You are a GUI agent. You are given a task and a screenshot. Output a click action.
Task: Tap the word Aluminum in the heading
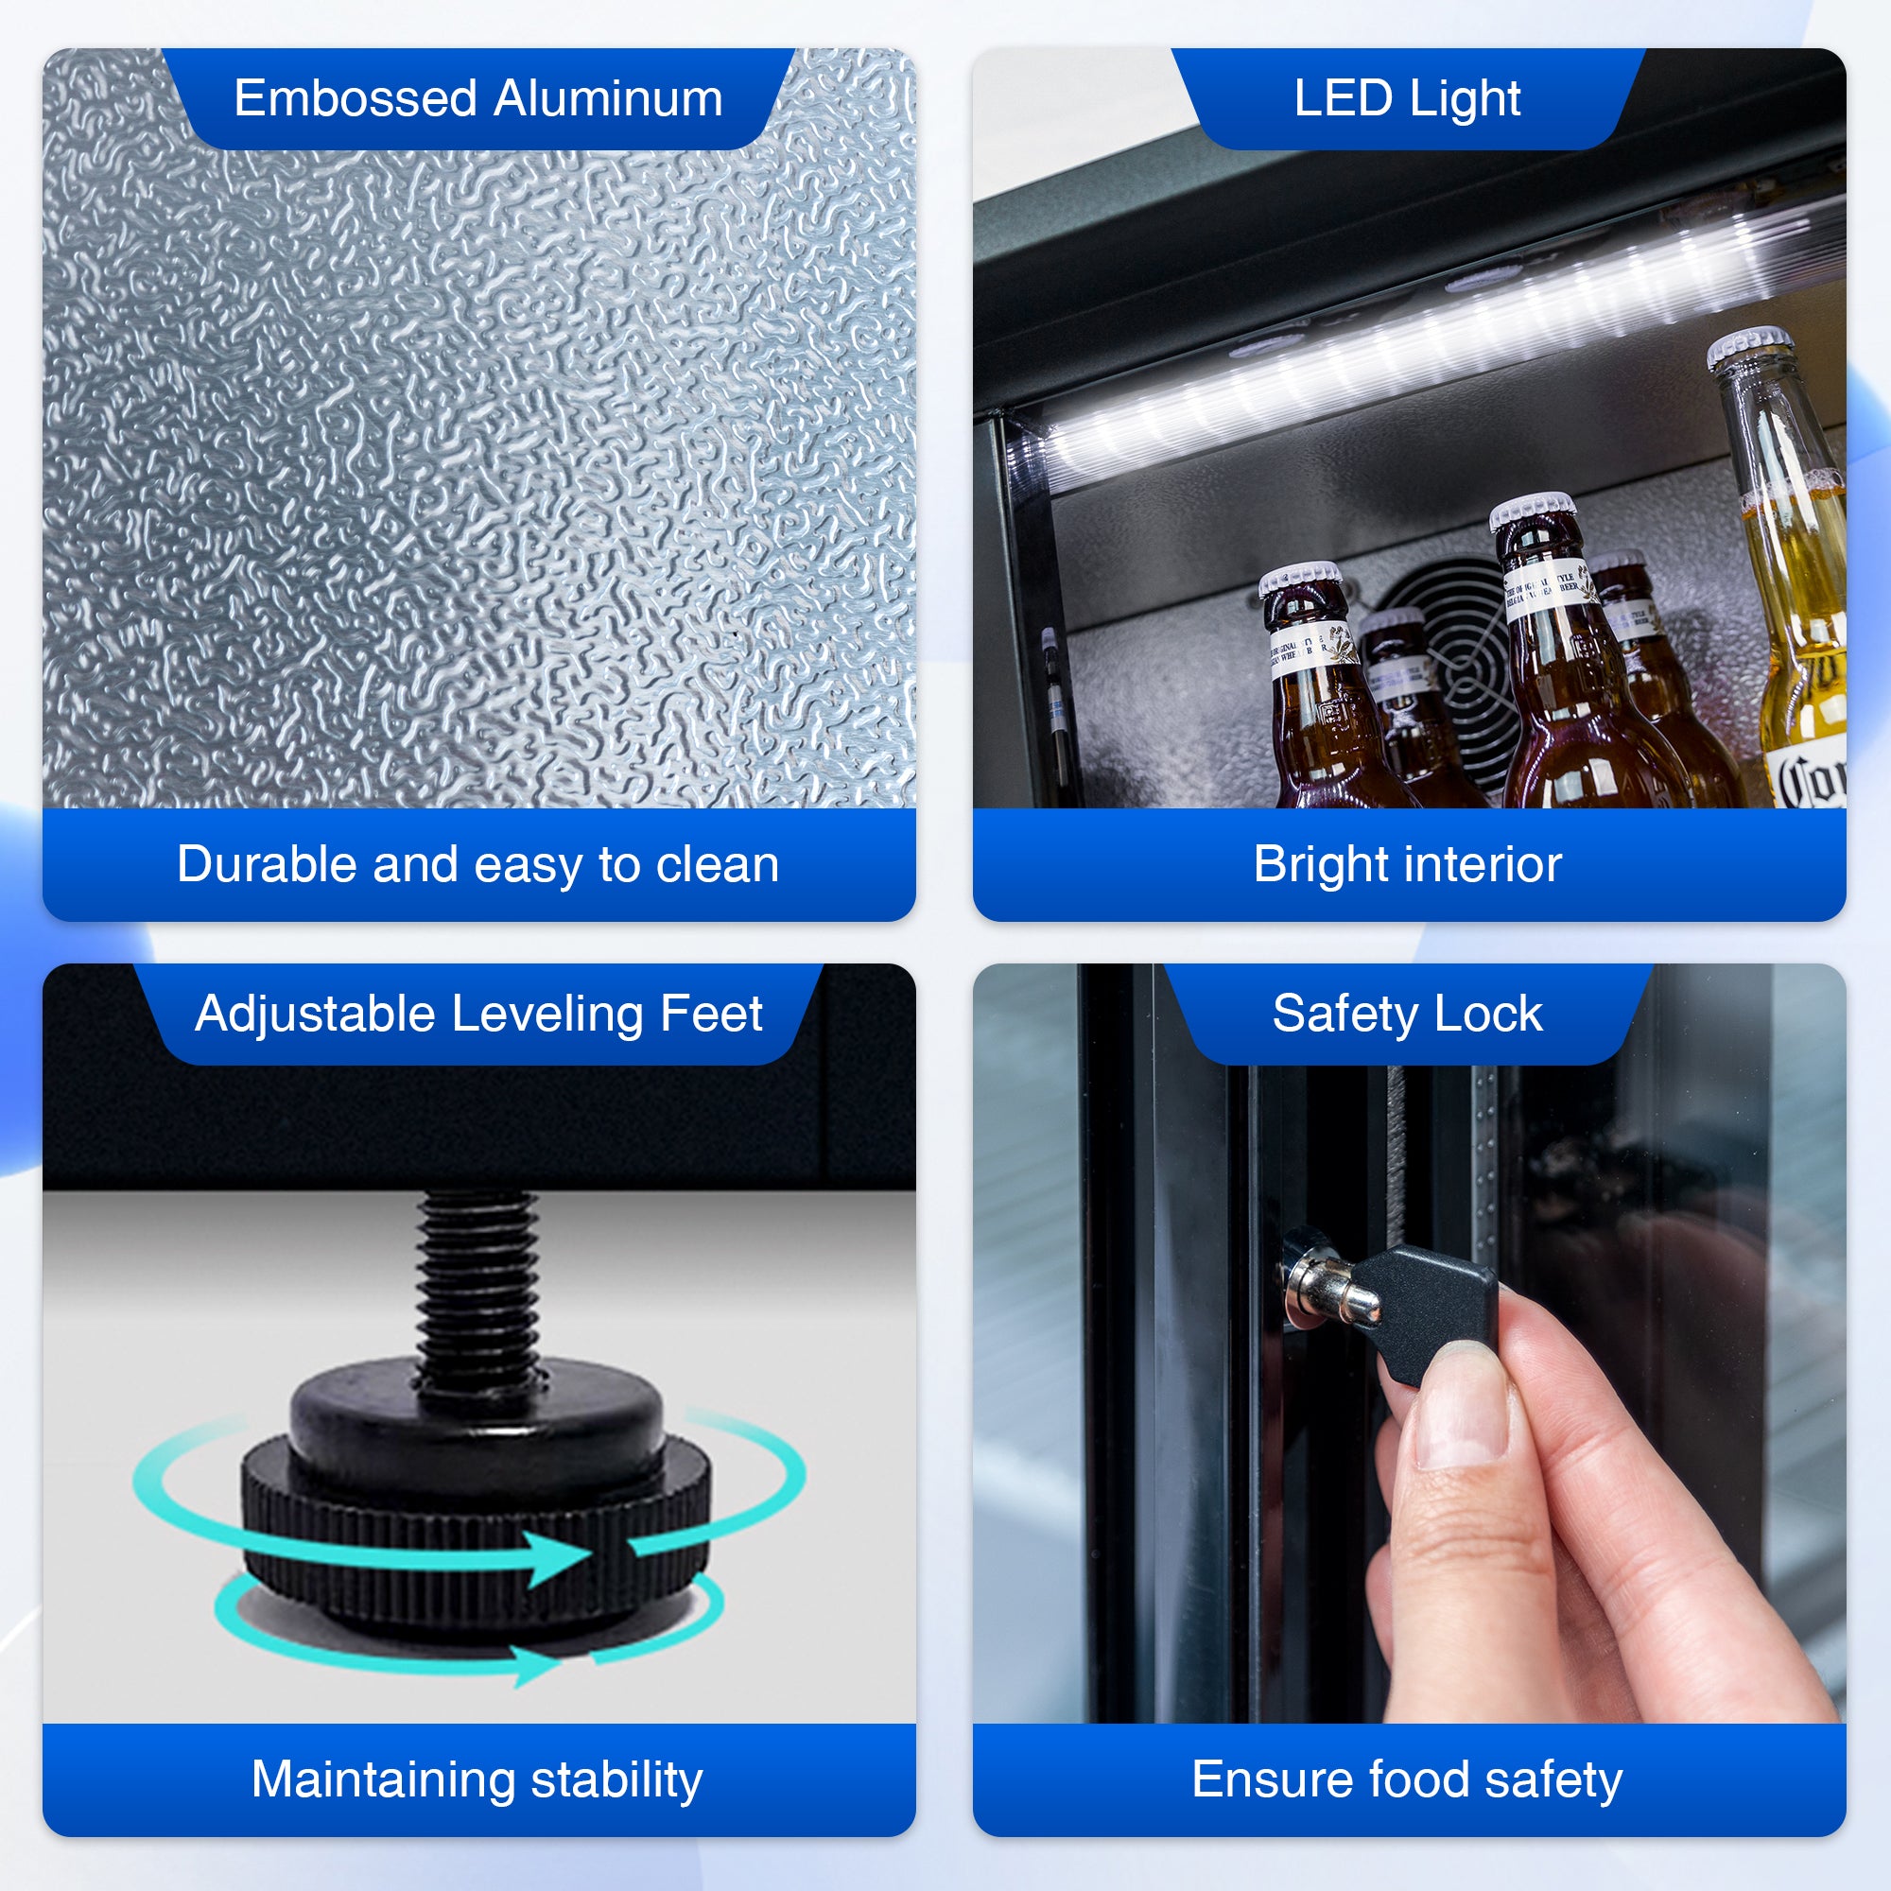pos(608,99)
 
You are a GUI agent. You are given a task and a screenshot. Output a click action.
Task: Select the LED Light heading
pos(1407,99)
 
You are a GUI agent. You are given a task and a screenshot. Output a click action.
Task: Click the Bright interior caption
pos(1407,864)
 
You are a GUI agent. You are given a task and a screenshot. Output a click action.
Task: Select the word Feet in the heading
pos(711,1014)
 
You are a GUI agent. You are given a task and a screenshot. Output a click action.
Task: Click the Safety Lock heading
pos(1407,1014)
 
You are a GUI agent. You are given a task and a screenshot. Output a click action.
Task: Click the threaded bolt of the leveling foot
pos(477,1282)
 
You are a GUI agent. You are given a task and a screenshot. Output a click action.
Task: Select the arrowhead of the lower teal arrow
pos(536,1665)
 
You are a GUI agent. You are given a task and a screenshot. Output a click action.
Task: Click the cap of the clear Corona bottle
pos(1751,350)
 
